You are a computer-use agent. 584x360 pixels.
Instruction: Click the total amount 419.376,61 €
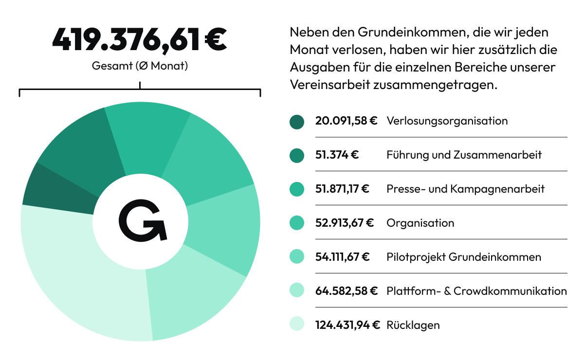click(x=140, y=39)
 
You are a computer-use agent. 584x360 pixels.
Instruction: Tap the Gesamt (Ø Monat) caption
click(x=140, y=66)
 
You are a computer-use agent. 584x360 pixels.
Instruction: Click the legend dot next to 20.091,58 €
click(x=296, y=121)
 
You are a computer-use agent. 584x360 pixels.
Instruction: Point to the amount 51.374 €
click(x=337, y=155)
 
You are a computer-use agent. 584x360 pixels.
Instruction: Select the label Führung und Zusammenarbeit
click(x=464, y=155)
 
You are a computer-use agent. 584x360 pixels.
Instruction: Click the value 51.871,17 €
click(x=342, y=189)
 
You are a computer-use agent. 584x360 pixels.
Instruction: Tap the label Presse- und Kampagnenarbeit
click(x=465, y=189)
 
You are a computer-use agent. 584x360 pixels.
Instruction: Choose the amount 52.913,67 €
click(x=344, y=223)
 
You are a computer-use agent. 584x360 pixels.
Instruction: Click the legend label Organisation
click(x=420, y=223)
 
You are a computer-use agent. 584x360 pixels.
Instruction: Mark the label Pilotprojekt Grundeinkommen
click(x=463, y=257)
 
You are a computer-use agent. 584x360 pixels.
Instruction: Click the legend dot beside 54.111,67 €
click(x=296, y=256)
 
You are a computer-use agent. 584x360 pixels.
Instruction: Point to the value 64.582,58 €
click(x=346, y=291)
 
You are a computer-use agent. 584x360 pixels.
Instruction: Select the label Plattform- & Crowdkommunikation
click(x=476, y=291)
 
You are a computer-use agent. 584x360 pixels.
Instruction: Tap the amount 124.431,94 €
click(x=347, y=324)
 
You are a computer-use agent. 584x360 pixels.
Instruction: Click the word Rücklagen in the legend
click(x=413, y=324)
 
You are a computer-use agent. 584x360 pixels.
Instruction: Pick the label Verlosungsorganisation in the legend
click(x=447, y=121)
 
